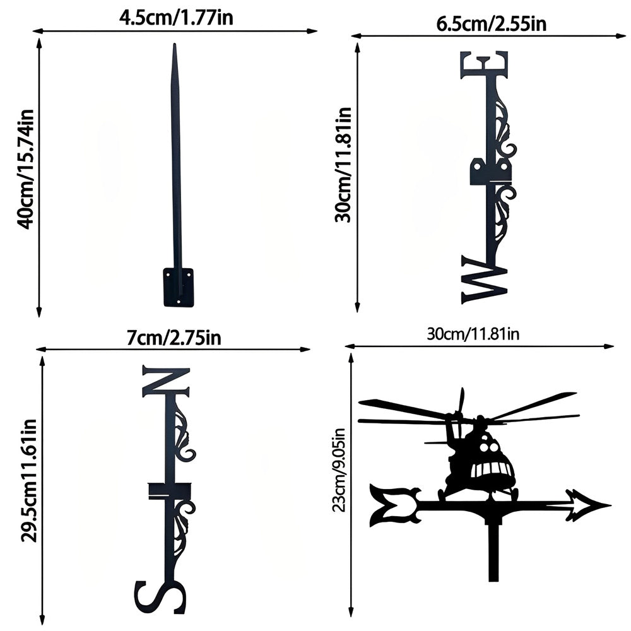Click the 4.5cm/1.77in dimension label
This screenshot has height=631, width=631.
pos(176,18)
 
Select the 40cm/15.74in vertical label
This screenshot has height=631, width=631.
pos(25,169)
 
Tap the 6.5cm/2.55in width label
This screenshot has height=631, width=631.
pos(491,24)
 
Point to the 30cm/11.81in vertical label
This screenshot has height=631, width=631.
pos(343,165)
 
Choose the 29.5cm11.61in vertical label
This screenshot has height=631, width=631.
pos(29,480)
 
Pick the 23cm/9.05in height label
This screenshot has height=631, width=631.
pos(339,469)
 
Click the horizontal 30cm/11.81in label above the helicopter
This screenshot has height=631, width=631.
pos(473,334)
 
